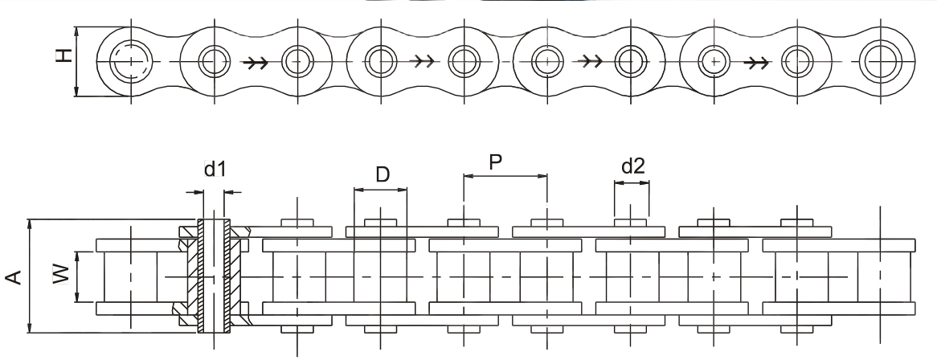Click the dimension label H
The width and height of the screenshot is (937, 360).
(x=64, y=55)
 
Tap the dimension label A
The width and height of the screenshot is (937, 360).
(x=14, y=277)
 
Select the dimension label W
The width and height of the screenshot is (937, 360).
(x=62, y=275)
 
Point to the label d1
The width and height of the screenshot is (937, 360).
(x=215, y=170)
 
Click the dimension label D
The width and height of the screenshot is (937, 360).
(x=383, y=174)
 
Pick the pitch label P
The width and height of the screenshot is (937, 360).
(x=495, y=162)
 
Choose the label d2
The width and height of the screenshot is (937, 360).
(x=632, y=166)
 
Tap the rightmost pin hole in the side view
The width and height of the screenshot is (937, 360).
(x=880, y=61)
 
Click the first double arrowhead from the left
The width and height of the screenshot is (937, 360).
(x=256, y=62)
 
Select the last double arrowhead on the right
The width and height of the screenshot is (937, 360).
(x=757, y=62)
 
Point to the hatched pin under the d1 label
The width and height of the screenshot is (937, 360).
(x=214, y=276)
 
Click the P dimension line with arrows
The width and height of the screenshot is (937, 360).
(x=505, y=177)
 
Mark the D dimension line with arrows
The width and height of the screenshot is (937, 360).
(x=381, y=190)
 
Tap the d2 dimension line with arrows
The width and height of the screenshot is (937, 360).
(x=632, y=183)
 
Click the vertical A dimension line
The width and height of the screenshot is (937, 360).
(x=30, y=276)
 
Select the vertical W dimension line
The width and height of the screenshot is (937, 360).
(x=78, y=277)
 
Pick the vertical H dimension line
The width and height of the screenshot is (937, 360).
(x=77, y=62)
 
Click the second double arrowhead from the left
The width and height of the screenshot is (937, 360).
(x=423, y=61)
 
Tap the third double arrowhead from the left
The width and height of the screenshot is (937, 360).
(x=591, y=61)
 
